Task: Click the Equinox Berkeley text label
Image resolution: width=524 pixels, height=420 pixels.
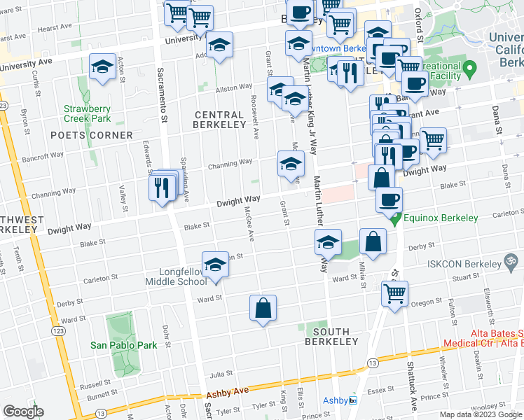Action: click(x=440, y=218)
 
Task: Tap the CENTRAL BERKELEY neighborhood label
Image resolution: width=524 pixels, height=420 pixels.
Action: click(x=220, y=120)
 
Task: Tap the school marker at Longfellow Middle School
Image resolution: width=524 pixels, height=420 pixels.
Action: click(x=216, y=265)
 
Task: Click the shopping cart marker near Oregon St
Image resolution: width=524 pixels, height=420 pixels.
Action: click(x=395, y=293)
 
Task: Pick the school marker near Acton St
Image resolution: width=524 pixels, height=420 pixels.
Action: click(x=103, y=68)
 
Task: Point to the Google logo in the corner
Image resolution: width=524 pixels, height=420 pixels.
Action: click(x=24, y=412)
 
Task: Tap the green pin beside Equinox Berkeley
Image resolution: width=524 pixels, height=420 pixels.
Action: click(x=396, y=219)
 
